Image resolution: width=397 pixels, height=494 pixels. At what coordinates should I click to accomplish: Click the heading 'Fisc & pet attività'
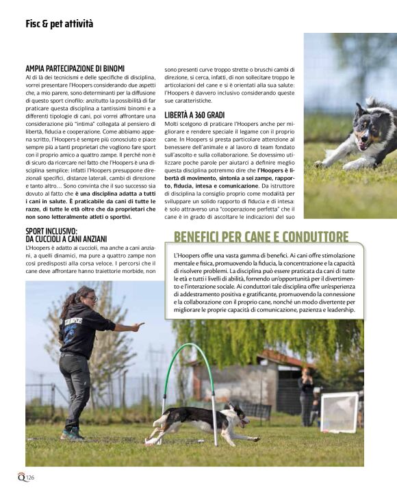click(x=59, y=24)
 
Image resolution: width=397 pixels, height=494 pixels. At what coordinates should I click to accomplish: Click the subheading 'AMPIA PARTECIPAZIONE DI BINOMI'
click(x=75, y=68)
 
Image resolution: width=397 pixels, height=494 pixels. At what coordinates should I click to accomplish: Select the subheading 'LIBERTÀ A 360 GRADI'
click(x=196, y=114)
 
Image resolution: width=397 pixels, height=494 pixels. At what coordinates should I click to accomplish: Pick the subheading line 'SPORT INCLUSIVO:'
click(x=52, y=231)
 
